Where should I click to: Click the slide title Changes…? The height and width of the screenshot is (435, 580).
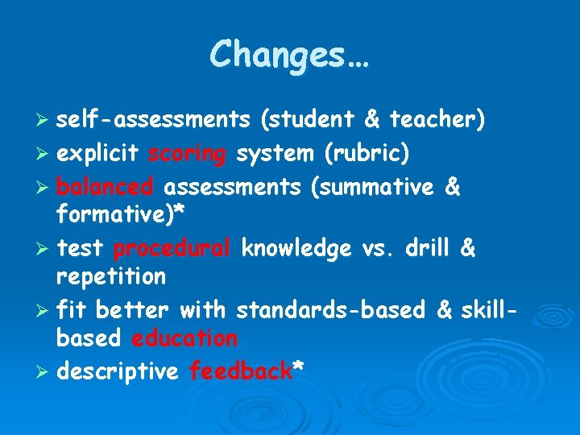289,56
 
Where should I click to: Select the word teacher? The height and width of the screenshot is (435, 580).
434,120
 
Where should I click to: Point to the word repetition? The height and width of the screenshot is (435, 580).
110,277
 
